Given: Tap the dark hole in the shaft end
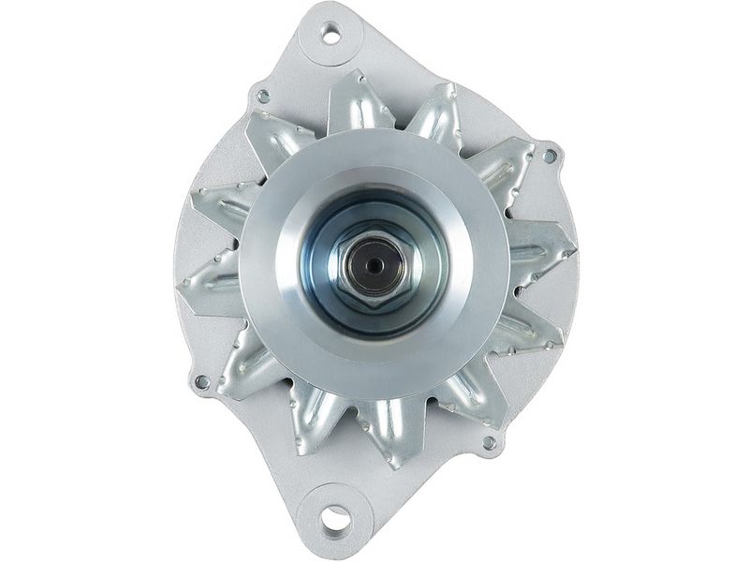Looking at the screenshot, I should tap(374, 266).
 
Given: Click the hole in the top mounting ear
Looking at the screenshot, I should tap(330, 35).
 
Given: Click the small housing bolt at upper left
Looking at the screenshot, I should tap(263, 96).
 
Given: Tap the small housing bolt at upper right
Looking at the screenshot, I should tap(550, 155).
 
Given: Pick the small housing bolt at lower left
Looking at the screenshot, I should tap(201, 381).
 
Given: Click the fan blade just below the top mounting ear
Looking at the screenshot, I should tap(356, 101).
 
